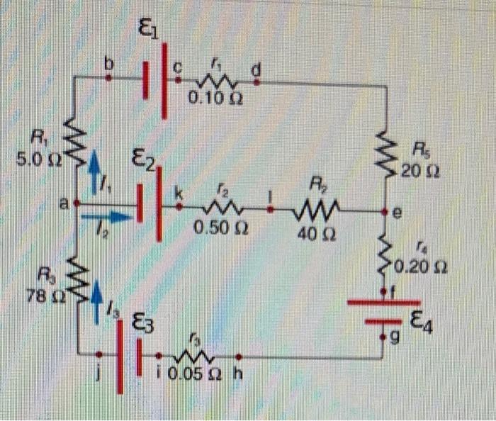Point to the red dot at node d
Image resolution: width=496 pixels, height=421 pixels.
257,82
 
